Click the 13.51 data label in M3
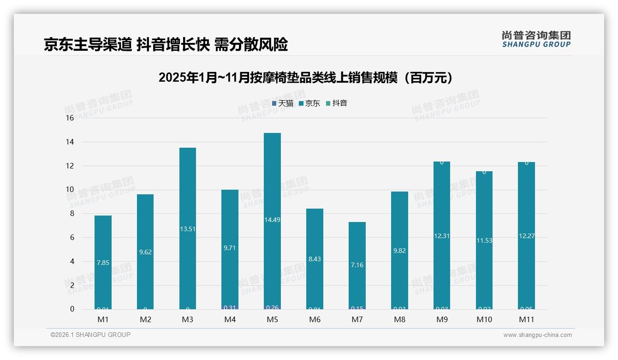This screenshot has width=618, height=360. click(188, 229)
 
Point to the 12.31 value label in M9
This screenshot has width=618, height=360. click(442, 236)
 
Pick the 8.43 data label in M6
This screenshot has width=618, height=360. click(315, 259)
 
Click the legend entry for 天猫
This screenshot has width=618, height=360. click(283, 103)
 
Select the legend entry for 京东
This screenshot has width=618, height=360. click(309, 103)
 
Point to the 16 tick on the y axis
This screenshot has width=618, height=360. click(70, 118)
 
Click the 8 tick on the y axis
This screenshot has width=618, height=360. click(71, 214)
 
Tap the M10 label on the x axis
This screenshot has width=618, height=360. click(484, 319)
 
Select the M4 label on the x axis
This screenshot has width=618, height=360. click(230, 319)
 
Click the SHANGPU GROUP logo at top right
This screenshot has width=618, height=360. click(536, 39)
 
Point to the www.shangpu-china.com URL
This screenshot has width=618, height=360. click(537, 335)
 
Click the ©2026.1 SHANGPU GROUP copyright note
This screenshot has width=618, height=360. click(90, 335)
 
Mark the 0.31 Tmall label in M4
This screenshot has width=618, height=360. click(230, 307)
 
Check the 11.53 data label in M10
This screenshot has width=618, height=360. click(484, 240)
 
